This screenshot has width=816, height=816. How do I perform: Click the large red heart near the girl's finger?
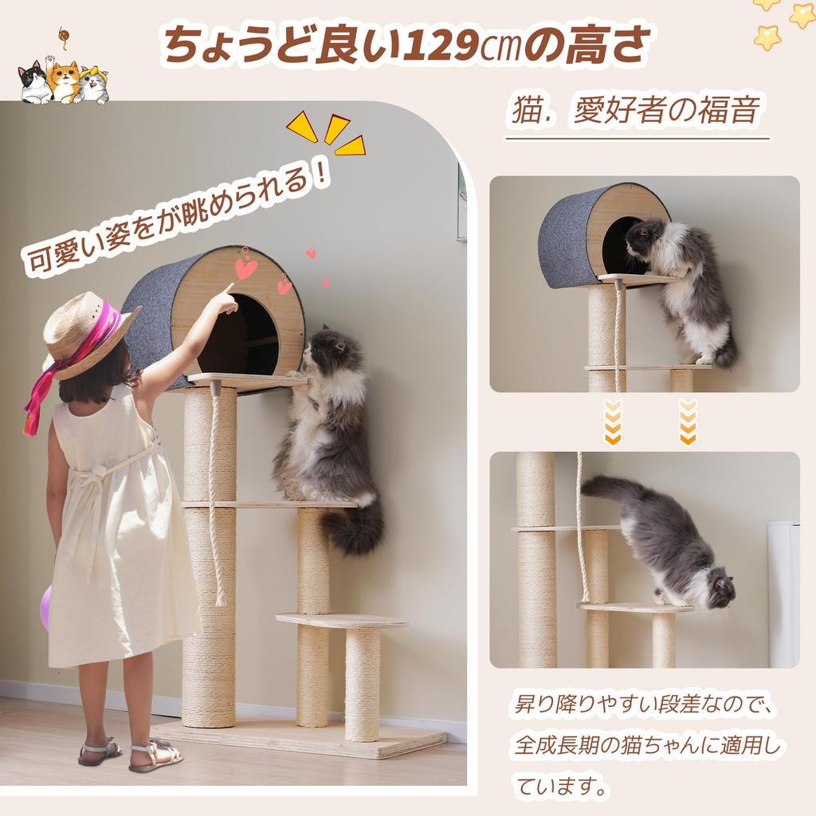(x=246, y=269)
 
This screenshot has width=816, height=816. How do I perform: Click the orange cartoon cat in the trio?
(x=64, y=80)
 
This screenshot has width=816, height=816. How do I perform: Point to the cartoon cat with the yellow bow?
(x=94, y=84)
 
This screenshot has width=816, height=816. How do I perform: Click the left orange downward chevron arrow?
(x=612, y=422)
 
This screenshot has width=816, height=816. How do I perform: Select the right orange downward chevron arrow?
(x=688, y=422)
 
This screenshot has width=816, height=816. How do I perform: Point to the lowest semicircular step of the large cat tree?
(x=342, y=621)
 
